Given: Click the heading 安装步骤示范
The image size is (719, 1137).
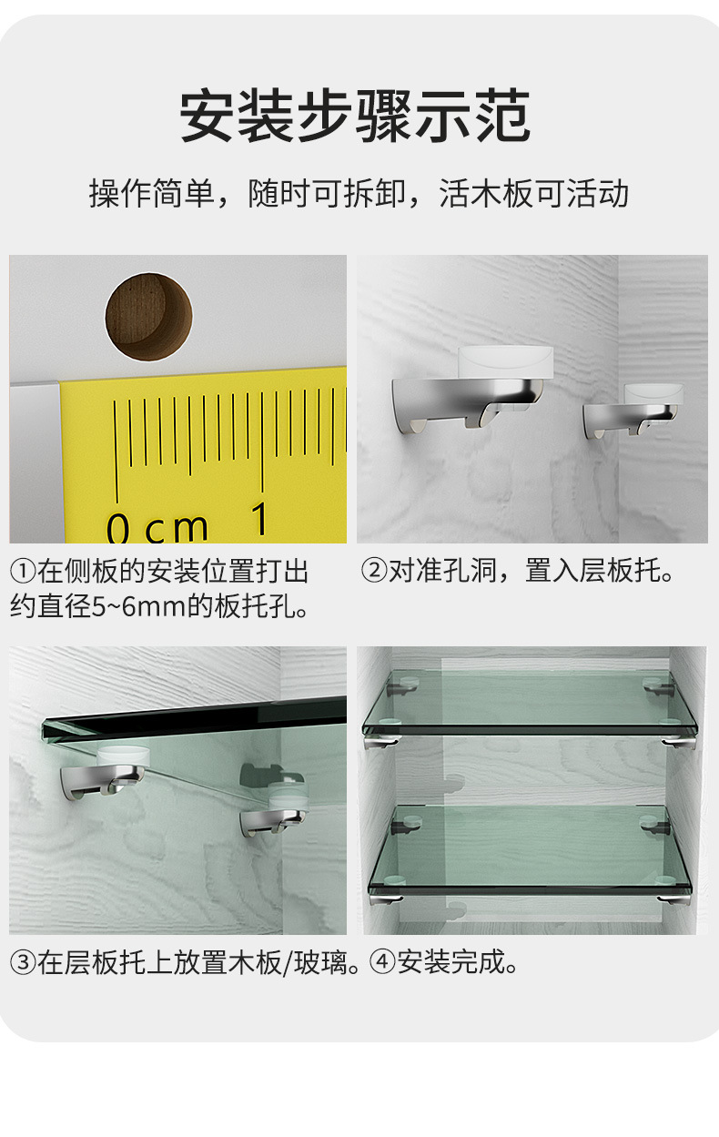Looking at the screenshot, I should [355, 116].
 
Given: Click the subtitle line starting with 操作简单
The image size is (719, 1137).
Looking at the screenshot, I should [359, 194].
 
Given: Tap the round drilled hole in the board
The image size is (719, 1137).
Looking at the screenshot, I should [148, 316].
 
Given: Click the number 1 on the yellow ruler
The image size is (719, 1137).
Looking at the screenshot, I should [260, 520].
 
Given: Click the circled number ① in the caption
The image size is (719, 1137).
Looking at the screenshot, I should [23, 573].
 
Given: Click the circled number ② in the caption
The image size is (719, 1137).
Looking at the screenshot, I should [373, 573].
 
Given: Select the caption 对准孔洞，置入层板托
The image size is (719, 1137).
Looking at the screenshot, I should [532, 573].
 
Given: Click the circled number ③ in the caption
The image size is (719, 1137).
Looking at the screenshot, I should [23, 963].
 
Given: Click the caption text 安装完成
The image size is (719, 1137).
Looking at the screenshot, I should [451, 963].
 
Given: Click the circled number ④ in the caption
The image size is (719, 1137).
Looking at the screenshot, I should [383, 963].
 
